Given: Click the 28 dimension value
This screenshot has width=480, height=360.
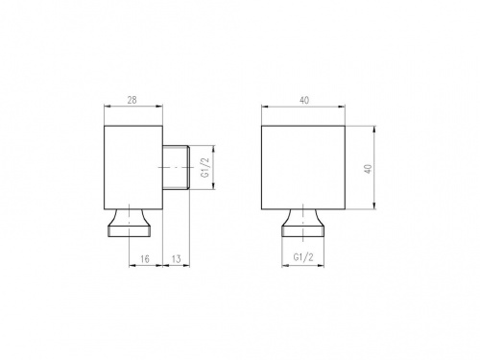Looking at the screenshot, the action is coord(132,100).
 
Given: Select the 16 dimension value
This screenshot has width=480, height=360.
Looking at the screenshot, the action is coord(145,259).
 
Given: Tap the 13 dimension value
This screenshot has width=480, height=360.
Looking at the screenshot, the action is coord(177,259).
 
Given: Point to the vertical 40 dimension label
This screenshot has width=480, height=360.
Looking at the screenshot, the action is coord(369,169).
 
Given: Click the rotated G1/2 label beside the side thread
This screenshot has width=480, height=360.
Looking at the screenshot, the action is coord(204,168).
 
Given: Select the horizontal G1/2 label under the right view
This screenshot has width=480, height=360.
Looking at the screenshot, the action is coord(303,257).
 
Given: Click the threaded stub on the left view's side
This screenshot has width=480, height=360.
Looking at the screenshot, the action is coord(177,168).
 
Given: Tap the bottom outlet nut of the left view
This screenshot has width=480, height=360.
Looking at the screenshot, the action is coord(129,224).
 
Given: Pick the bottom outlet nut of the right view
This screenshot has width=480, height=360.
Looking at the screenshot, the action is coord(302,224).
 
